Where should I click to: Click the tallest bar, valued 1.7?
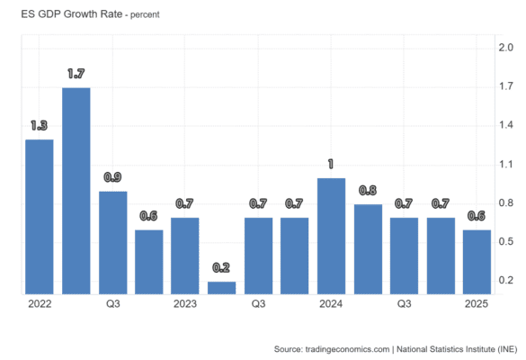(x=76, y=191)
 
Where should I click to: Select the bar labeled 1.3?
(x=40, y=217)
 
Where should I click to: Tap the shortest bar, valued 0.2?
(x=222, y=288)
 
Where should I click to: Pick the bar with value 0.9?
(x=113, y=243)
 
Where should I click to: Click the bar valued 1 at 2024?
(x=332, y=237)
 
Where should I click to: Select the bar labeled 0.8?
(x=368, y=249)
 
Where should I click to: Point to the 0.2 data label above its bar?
(x=221, y=267)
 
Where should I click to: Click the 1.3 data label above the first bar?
(x=40, y=126)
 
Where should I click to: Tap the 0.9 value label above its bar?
(x=112, y=177)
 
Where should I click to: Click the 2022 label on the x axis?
(x=40, y=304)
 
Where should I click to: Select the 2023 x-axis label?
(x=185, y=304)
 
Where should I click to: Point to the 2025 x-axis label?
(x=477, y=304)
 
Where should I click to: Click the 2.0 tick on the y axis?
(x=506, y=48)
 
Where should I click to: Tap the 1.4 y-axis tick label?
(x=506, y=125)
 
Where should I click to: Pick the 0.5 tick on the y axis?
(x=506, y=241)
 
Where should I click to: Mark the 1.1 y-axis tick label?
(x=506, y=164)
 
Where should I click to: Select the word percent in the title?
(x=145, y=15)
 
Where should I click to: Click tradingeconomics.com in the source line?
(x=348, y=349)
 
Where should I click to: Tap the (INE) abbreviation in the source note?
(x=507, y=349)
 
